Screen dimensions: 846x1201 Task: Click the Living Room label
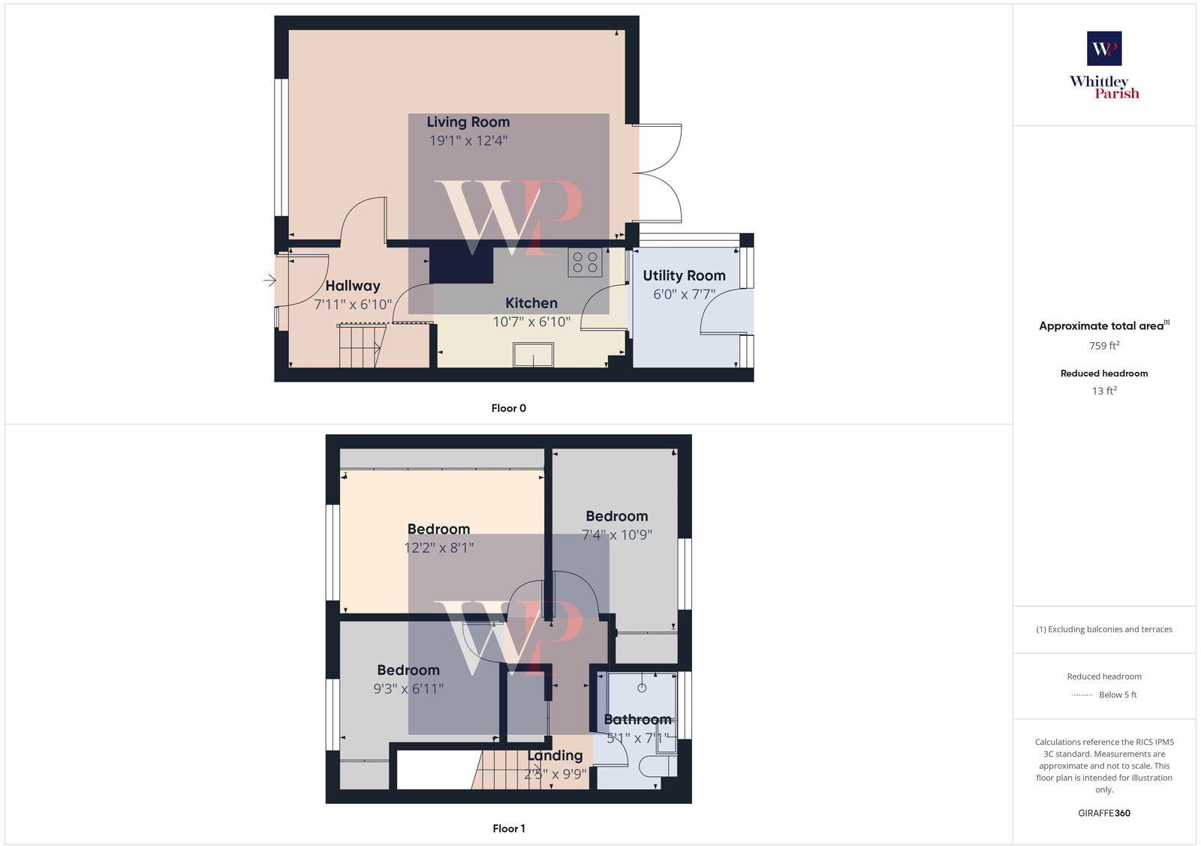pos(468,121)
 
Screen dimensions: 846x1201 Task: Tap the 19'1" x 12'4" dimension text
pos(468,140)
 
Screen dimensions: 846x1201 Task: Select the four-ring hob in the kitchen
pos(585,262)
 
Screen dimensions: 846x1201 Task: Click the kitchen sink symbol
pos(533,355)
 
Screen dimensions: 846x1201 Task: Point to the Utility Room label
pos(684,275)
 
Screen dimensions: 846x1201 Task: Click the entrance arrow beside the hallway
pos(269,280)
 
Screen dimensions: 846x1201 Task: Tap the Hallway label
pos(352,286)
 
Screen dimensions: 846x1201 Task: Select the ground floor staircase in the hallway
pos(361,346)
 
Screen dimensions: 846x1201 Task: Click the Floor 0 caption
pos(508,408)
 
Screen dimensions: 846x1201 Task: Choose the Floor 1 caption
pos(508,828)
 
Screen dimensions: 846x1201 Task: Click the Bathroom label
pos(637,719)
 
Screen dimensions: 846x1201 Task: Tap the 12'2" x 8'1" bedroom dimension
pos(438,547)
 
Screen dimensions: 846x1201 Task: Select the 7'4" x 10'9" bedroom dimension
pos(616,535)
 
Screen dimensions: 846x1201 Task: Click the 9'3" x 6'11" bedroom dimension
pos(408,688)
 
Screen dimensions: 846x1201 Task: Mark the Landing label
pos(555,755)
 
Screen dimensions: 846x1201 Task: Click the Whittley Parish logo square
pos(1104,49)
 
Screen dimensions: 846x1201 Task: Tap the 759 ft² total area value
pos(1104,346)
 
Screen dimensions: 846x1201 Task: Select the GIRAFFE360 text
pos(1104,813)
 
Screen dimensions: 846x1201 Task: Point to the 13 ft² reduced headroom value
pos(1104,391)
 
